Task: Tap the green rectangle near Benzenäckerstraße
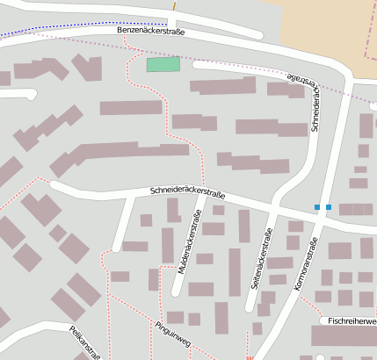(163, 64)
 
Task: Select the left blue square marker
(317, 207)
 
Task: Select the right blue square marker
(329, 207)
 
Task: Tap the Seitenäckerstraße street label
(259, 259)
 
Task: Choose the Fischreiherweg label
(350, 321)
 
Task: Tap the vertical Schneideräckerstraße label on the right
(315, 109)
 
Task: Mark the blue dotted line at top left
(53, 34)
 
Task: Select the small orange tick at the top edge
(174, 4)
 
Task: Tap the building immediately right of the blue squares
(356, 209)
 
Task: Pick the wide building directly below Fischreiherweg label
(344, 336)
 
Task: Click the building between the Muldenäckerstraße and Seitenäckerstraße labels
(235, 271)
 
